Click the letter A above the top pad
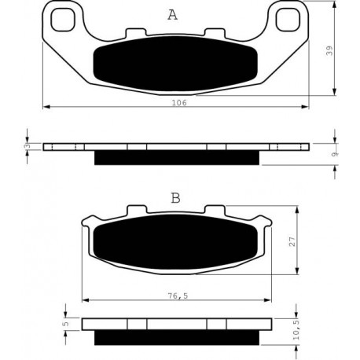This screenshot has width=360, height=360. coord(172,15)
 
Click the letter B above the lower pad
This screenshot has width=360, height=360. coord(175,198)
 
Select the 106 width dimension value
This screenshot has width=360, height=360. coord(179,103)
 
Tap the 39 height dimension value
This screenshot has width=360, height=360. coord(329,50)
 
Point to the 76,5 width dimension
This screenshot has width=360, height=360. coord(178,296)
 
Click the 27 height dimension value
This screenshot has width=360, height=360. coord(292,241)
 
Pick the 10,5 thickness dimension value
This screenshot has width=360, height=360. coord(296,331)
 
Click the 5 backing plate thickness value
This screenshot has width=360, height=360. coord(66,324)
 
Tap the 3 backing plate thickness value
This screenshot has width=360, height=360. coord(28,146)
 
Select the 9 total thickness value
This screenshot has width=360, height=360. coord(334,154)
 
